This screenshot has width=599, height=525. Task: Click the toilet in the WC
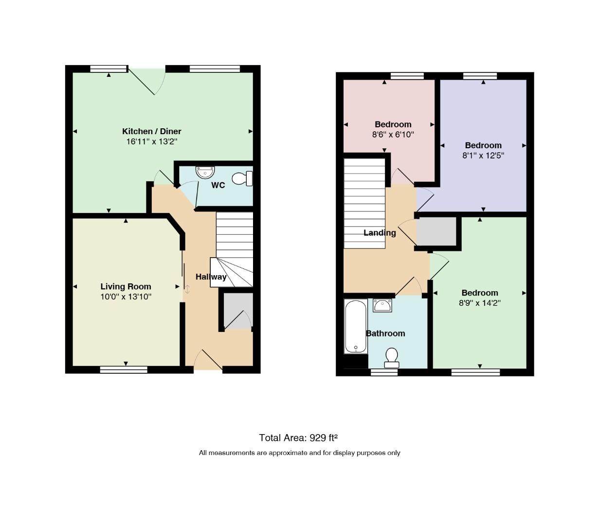coord(242,178)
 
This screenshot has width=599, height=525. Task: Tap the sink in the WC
coord(205,172)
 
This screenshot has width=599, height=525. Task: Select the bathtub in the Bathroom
coord(356,326)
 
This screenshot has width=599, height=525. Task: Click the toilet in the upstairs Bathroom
coord(391,357)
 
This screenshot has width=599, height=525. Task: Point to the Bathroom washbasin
coord(382,305)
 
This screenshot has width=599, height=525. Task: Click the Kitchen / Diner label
coord(152,131)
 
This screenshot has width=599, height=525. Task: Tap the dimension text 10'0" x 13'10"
coord(126,297)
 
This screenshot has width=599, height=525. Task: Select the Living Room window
coord(124,369)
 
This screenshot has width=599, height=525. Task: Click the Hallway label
coord(211,277)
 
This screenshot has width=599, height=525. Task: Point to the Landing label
coord(380,233)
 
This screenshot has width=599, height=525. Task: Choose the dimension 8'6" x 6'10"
coord(393,135)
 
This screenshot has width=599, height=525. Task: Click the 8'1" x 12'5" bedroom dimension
coord(483,156)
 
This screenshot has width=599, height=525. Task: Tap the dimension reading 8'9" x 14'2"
coord(480,303)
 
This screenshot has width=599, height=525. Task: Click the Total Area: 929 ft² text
coord(298,437)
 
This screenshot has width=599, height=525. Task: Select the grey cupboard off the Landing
coord(436,231)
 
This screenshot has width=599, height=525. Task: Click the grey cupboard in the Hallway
coord(238,311)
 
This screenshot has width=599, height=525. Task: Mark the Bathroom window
coord(384,372)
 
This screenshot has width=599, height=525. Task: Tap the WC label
coord(218,185)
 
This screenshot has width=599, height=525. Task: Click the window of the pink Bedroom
coord(407,76)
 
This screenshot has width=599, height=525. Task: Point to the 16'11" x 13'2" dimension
coord(152,141)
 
